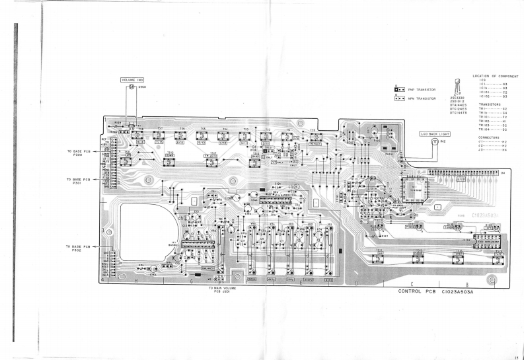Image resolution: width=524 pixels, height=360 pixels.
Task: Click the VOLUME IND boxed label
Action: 131,80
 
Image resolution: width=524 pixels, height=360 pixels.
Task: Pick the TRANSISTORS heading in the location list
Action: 490,104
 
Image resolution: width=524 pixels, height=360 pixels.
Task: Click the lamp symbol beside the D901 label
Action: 131,87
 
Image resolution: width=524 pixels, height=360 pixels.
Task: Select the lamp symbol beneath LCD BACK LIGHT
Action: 434,141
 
